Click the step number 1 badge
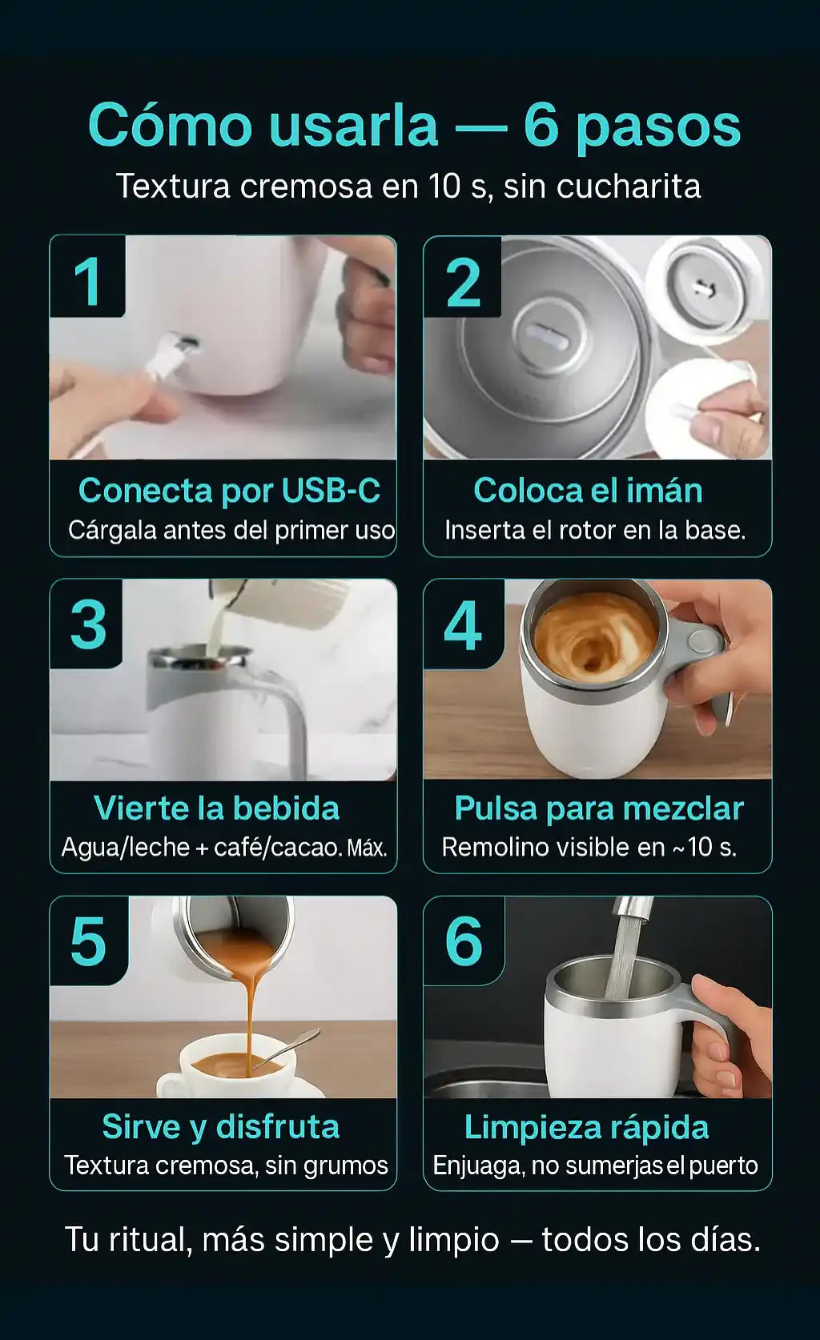pyautogui.click(x=87, y=276)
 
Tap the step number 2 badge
pyautogui.click(x=462, y=276)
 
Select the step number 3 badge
pyautogui.click(x=86, y=624)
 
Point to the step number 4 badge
pyautogui.click(x=464, y=624)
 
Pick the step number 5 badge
pyautogui.click(x=89, y=941)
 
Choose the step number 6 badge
pyautogui.click(x=464, y=941)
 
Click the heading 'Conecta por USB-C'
pyautogui.click(x=229, y=491)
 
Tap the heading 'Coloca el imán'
pyautogui.click(x=588, y=491)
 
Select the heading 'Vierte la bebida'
pyautogui.click(x=217, y=808)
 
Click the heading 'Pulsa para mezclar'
pyautogui.click(x=598, y=809)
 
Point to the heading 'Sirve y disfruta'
pyautogui.click(x=221, y=1127)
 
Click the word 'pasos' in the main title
pyautogui.click(x=658, y=127)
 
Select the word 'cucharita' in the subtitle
pyautogui.click(x=629, y=186)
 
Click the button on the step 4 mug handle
pyautogui.click(x=704, y=641)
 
